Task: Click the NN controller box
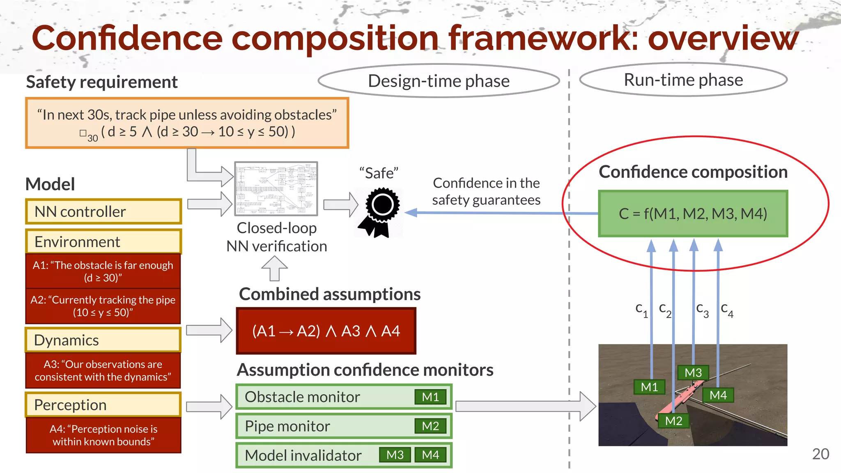(x=103, y=212)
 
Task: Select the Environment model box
(x=103, y=242)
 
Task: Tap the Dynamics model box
(x=103, y=340)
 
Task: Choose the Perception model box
(x=103, y=405)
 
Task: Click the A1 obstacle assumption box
(x=103, y=271)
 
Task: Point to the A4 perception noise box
(x=103, y=435)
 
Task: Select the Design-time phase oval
(x=439, y=81)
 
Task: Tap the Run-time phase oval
(x=683, y=80)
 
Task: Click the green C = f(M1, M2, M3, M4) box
(x=693, y=214)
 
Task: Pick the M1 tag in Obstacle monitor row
(x=430, y=397)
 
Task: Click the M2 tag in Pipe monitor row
(x=430, y=426)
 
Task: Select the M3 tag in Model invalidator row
(x=395, y=455)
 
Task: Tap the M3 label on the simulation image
(x=693, y=373)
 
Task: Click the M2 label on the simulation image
(x=673, y=421)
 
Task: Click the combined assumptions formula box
(x=326, y=331)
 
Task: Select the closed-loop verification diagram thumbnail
(x=276, y=188)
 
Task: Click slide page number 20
(x=820, y=454)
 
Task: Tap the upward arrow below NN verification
(x=275, y=269)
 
